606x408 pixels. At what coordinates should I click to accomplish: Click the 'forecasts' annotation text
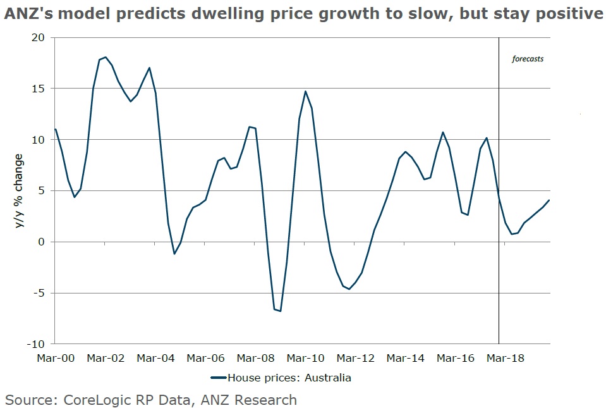(527, 59)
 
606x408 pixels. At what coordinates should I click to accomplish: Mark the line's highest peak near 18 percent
(106, 57)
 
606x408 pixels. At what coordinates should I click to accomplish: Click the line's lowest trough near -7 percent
(280, 311)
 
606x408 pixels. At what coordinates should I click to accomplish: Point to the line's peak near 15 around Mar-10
(305, 91)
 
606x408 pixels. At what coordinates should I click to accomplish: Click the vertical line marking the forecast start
(499, 190)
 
